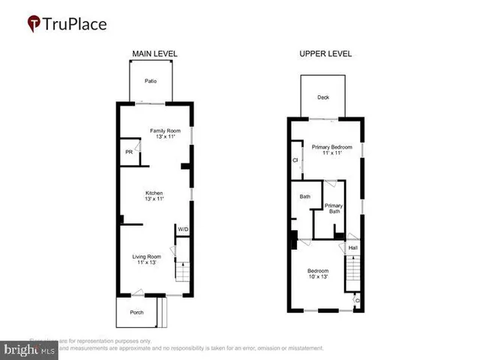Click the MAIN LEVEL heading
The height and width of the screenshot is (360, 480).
coord(154,54)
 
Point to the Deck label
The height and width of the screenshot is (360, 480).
coord(322,96)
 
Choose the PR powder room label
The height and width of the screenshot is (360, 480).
coord(128,152)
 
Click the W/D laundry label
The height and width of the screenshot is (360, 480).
coord(182,229)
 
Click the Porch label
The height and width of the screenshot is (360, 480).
coord(137,313)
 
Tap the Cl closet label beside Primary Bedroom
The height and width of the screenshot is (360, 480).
coord(295,160)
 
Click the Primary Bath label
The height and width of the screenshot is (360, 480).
coord(334,208)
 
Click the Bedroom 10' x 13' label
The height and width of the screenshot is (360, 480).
coord(318,274)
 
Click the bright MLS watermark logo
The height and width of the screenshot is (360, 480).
coord(30,349)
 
